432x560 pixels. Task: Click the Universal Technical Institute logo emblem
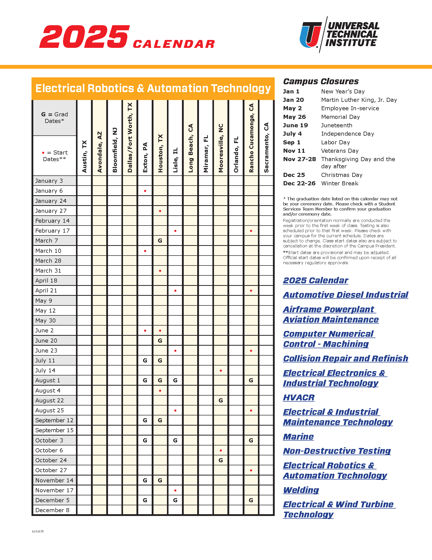click(x=311, y=35)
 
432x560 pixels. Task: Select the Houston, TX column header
click(x=160, y=153)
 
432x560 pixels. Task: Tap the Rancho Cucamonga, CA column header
click(x=251, y=138)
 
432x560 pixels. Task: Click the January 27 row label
click(x=51, y=211)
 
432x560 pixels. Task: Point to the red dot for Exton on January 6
click(x=145, y=191)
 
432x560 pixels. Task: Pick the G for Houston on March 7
click(x=160, y=241)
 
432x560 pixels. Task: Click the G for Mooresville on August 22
click(x=221, y=400)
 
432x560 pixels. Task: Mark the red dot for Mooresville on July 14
click(x=221, y=371)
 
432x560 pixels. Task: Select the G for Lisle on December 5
click(x=175, y=500)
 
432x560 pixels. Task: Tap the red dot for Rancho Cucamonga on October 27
click(x=251, y=470)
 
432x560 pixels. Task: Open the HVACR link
click(x=299, y=397)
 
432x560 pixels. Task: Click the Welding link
click(x=301, y=490)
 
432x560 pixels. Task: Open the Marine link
click(x=298, y=436)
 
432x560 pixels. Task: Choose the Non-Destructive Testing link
click(x=337, y=451)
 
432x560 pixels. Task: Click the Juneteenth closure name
click(x=336, y=125)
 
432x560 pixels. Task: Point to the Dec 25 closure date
click(x=294, y=175)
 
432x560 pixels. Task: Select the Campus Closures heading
click(x=321, y=81)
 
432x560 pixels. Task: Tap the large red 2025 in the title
click(x=84, y=37)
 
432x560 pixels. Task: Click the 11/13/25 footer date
click(x=38, y=531)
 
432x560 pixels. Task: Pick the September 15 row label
click(x=54, y=430)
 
